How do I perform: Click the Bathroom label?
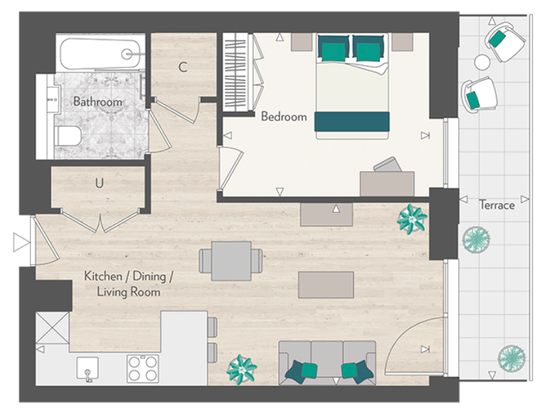point(98,102)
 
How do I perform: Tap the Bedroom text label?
point(284,117)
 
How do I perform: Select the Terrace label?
point(496,205)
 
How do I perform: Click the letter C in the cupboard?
point(183,68)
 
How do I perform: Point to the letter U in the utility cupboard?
point(100,184)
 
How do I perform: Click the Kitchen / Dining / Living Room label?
point(129,283)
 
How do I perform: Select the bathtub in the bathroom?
point(101,53)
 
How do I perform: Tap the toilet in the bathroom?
point(69,135)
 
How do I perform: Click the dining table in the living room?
point(231,260)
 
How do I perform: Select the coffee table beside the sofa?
point(326,285)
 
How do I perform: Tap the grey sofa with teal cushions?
point(327,362)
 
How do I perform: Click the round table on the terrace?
point(482,62)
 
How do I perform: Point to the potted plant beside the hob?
point(242,369)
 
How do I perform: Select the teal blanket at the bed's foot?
point(352,121)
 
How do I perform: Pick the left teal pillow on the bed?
point(333,48)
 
